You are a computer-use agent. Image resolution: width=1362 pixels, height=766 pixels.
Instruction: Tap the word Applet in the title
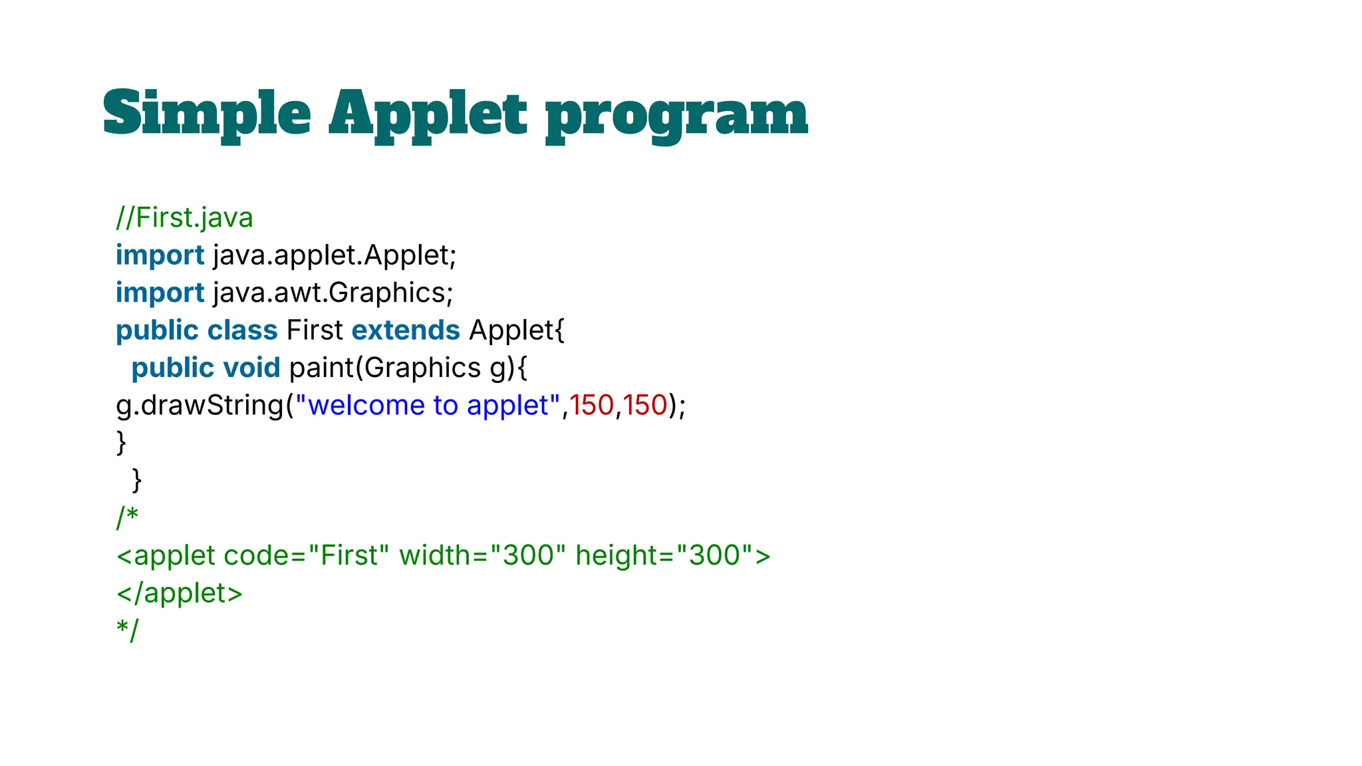[x=428, y=114]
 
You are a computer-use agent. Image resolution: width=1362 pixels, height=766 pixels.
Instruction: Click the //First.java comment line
[x=184, y=218]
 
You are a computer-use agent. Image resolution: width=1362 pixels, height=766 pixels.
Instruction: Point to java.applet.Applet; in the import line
[x=335, y=255]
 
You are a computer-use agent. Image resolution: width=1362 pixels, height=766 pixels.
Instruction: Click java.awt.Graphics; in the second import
[x=333, y=293]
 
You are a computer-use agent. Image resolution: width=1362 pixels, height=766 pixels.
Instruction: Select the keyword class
[x=242, y=330]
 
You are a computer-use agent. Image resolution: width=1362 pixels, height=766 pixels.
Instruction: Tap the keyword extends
[x=406, y=330]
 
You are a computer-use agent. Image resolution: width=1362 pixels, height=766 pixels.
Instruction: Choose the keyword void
[x=251, y=368]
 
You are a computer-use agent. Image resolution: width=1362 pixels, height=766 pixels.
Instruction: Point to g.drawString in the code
[x=200, y=406]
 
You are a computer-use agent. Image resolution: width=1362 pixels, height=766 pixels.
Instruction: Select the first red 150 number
[x=591, y=406]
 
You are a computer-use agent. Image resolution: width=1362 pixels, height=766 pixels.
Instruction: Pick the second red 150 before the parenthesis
[x=645, y=406]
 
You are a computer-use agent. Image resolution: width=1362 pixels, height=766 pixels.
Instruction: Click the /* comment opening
[x=127, y=517]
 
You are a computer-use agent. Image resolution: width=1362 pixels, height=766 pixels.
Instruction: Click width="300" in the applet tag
[x=482, y=556]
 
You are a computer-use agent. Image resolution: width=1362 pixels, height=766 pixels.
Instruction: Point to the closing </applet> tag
[x=180, y=593]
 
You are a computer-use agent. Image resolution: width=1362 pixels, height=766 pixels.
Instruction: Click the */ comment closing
[x=127, y=630]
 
